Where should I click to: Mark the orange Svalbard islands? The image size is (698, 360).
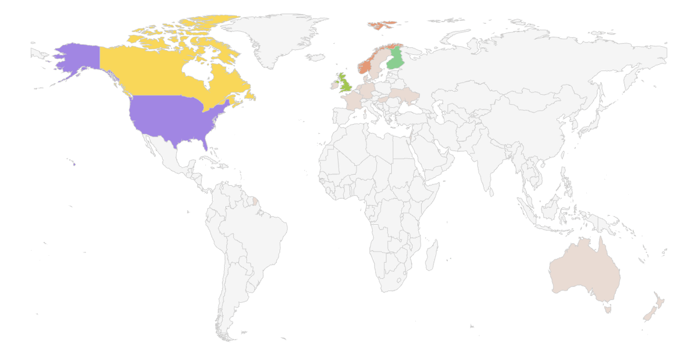381,25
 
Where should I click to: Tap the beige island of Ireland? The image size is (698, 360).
334,85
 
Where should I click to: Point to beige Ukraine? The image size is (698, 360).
403,95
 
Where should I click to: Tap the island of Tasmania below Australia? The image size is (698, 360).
608,310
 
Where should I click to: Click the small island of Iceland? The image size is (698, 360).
315,58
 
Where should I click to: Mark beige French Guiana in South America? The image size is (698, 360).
255,201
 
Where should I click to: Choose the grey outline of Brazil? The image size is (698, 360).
256,233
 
